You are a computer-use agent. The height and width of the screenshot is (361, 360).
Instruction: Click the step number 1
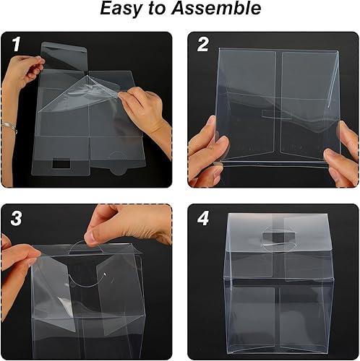tap(15, 43)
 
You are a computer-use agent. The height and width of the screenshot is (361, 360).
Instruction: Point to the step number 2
tap(202, 43)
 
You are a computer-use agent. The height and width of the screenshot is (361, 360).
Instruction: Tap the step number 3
tap(16, 218)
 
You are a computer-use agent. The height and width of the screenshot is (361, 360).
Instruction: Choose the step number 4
tap(203, 218)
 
